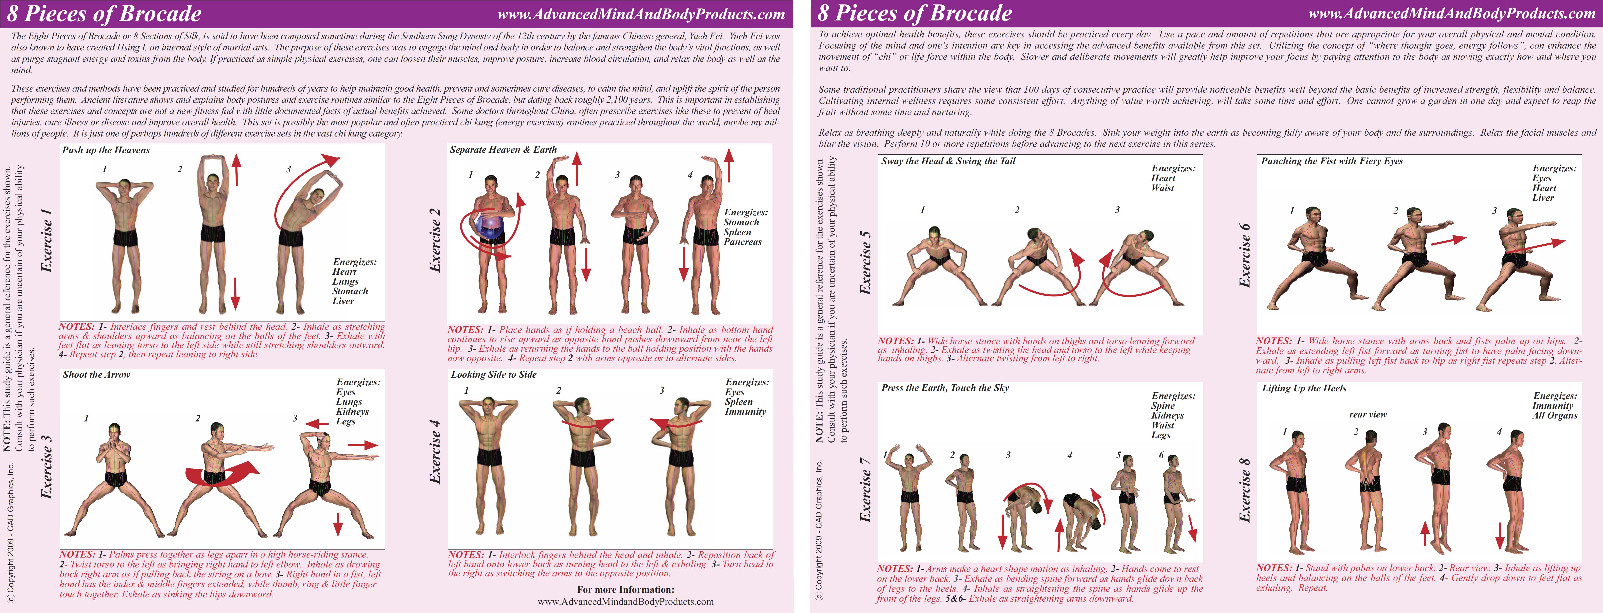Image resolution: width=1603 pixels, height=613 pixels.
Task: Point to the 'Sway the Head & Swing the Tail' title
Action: pos(948,161)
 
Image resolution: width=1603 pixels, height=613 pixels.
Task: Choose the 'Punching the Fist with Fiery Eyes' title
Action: pos(1332,161)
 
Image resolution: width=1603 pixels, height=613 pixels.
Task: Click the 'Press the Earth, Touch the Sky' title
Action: pos(945,388)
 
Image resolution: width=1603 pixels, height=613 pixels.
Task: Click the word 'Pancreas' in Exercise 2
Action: pos(742,242)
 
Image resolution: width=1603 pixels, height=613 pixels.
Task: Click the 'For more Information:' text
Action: pos(625,589)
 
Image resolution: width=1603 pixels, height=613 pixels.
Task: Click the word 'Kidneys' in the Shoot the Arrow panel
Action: pos(352,412)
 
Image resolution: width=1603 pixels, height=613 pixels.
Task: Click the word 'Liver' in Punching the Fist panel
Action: pos(1543,198)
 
